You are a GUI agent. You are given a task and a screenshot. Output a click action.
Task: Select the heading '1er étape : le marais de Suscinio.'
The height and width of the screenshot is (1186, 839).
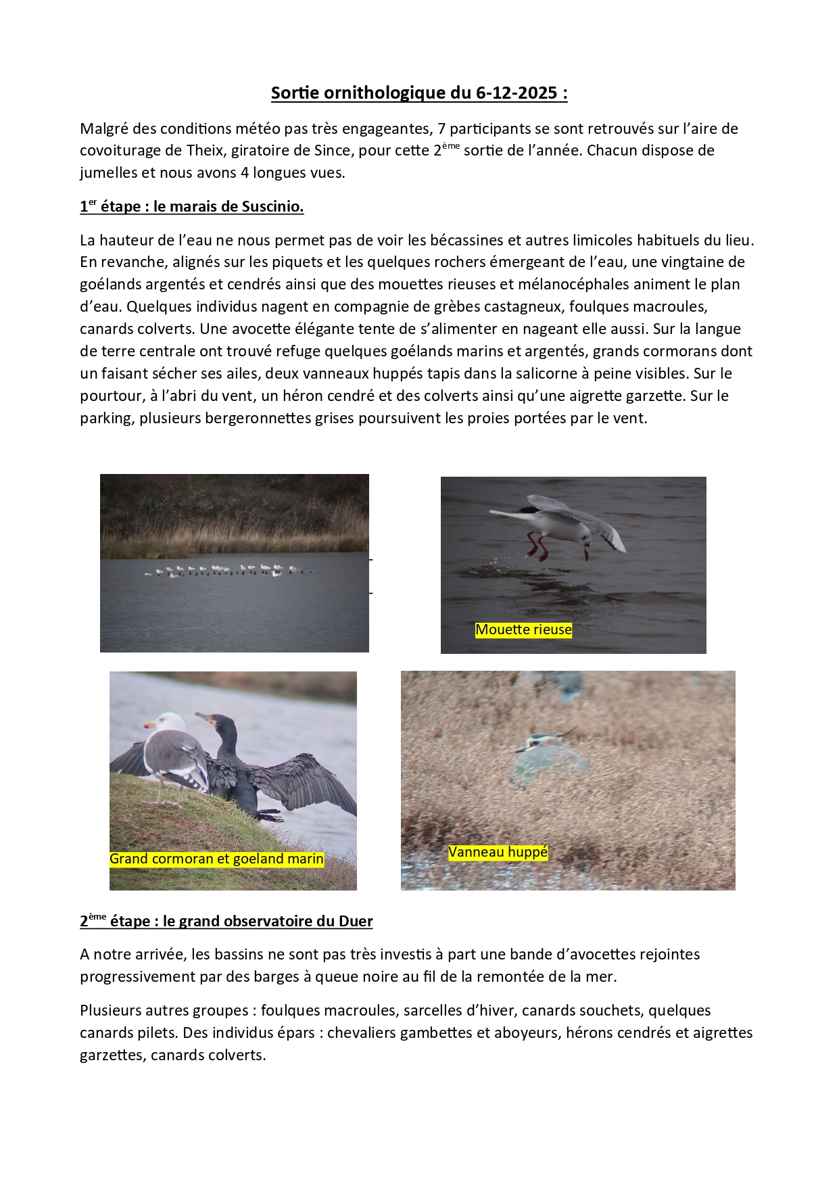click(191, 207)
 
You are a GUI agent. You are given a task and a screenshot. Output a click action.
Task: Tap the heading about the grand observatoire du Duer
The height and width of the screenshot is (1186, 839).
click(226, 922)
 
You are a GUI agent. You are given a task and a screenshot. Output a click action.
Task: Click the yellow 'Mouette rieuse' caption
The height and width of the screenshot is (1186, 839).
click(523, 630)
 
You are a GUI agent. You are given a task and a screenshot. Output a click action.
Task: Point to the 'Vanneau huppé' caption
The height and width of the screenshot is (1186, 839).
click(498, 852)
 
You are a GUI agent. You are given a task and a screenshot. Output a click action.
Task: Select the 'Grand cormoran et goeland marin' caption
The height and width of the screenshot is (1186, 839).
click(216, 859)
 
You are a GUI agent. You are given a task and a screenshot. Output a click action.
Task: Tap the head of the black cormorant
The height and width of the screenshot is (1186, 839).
click(206, 719)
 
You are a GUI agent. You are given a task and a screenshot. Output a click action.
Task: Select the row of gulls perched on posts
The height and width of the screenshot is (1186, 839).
click(230, 570)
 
